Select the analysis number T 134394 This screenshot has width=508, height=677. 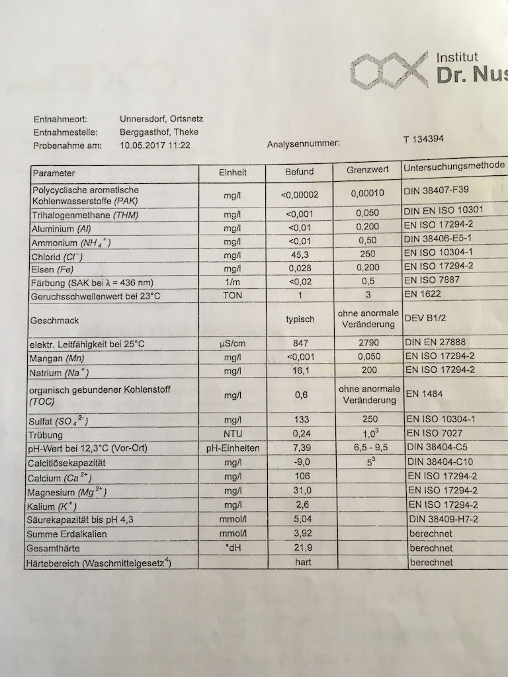(x=423, y=139)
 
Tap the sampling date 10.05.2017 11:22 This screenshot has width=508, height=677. (x=155, y=145)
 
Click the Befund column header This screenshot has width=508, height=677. (x=299, y=172)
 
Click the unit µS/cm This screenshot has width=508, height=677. (x=232, y=344)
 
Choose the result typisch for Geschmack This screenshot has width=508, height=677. (x=300, y=319)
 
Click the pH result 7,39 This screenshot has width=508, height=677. (x=300, y=448)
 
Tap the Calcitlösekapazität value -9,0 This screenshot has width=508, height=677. (x=300, y=463)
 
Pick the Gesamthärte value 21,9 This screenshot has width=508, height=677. (x=302, y=548)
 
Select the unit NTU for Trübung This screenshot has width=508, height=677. (x=232, y=434)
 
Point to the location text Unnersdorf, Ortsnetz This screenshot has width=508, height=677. (x=161, y=120)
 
